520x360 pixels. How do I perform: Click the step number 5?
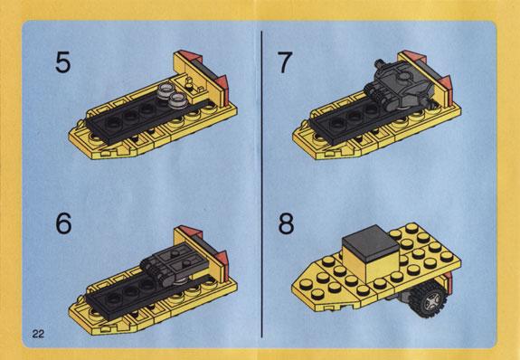tap(63, 62)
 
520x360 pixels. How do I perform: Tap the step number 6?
tap(63, 223)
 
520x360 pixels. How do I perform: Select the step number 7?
tap(285, 62)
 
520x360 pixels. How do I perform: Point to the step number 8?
tap(286, 223)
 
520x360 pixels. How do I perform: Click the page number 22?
tap(38, 334)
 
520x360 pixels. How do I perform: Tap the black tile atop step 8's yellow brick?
tap(371, 242)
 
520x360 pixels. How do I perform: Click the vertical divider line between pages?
tap(261, 185)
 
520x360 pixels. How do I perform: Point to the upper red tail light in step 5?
tap(185, 55)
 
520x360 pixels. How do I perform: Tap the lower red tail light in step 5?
tap(222, 82)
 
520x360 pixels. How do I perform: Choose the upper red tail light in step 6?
tap(185, 231)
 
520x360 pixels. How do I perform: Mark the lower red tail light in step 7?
tap(446, 82)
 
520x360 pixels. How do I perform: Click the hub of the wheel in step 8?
tap(432, 301)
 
